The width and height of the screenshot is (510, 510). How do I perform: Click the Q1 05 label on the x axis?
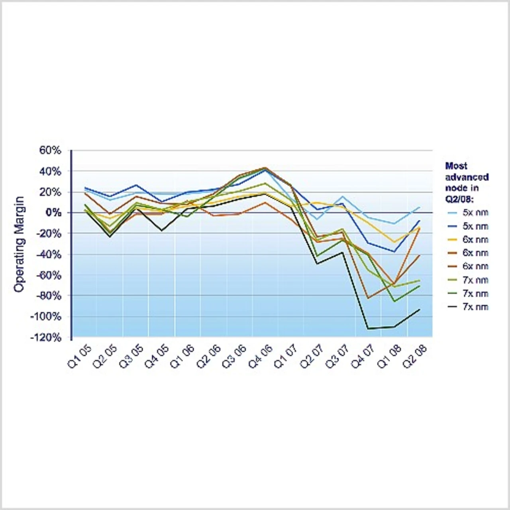[80, 357]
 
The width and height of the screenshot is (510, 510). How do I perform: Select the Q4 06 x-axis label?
[261, 357]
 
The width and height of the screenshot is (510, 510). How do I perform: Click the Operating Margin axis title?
[19, 244]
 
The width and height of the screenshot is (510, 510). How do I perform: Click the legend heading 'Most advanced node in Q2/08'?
[467, 182]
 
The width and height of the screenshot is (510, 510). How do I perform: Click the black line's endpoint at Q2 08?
[420, 309]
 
